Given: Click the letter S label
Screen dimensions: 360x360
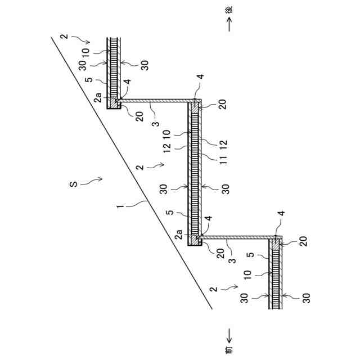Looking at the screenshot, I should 74,183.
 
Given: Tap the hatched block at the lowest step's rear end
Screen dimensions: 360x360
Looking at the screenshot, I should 276,243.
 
